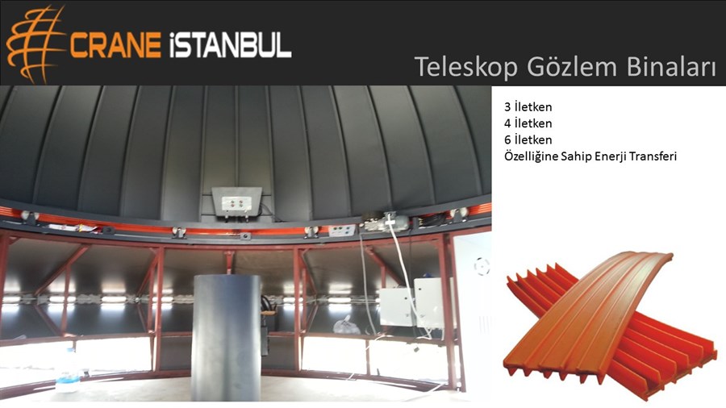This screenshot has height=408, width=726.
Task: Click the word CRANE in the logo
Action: [115, 45]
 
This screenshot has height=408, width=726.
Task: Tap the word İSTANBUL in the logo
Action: [230, 45]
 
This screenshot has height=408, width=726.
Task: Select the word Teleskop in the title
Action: [465, 67]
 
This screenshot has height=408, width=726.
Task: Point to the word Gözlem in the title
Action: [572, 67]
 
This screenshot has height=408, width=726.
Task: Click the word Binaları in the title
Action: [671, 67]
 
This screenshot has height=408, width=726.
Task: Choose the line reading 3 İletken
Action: [528, 107]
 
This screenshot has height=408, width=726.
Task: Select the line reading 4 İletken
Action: [528, 123]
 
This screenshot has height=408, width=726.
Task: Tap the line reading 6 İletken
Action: [528, 139]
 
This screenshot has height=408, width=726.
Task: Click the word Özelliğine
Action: [531, 156]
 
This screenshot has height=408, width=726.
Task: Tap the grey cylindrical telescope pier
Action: [227, 338]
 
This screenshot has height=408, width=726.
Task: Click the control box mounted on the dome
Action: [236, 202]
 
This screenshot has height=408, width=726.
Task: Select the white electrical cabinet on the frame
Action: [415, 302]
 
